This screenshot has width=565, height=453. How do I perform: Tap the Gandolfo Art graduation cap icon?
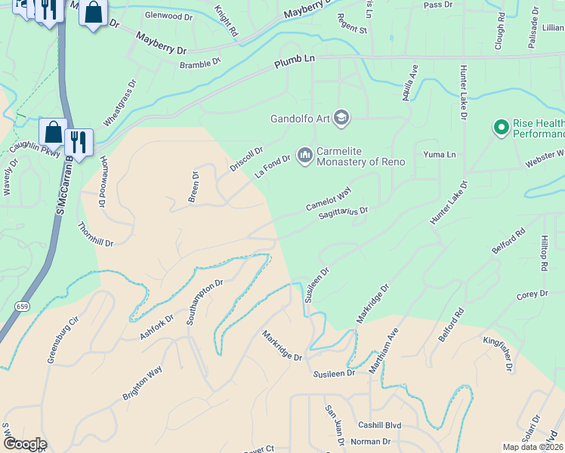341,118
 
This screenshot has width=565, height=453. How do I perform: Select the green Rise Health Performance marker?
500,128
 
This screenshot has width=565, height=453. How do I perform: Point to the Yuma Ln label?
441,155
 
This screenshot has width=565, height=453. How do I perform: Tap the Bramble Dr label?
199,63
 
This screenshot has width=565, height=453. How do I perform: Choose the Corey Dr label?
532,294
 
